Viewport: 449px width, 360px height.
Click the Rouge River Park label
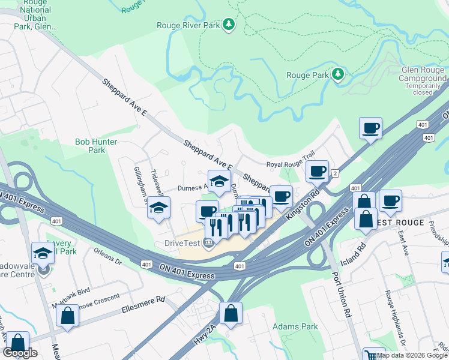point(188,25)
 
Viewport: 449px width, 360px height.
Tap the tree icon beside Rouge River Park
point(228,25)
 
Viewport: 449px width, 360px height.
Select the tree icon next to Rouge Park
point(339,74)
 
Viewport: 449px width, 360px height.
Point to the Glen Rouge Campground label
point(424,74)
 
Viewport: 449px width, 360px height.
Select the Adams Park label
point(295,327)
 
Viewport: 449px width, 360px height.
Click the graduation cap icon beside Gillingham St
point(159,208)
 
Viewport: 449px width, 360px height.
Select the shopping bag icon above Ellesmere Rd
point(68,316)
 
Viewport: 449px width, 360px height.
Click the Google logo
point(20,353)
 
